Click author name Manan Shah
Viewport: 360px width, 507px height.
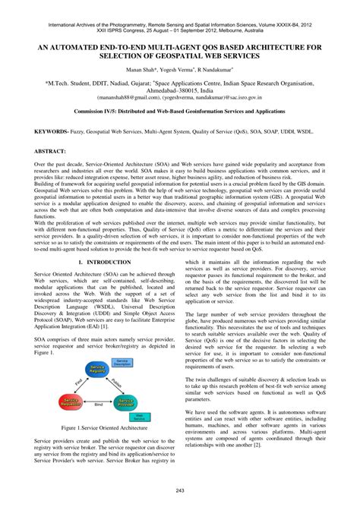pyautogui.click(x=138, y=68)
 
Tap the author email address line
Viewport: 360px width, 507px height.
pyautogui.click(x=180, y=97)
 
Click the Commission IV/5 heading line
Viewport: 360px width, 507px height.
pyautogui.click(x=180, y=110)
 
